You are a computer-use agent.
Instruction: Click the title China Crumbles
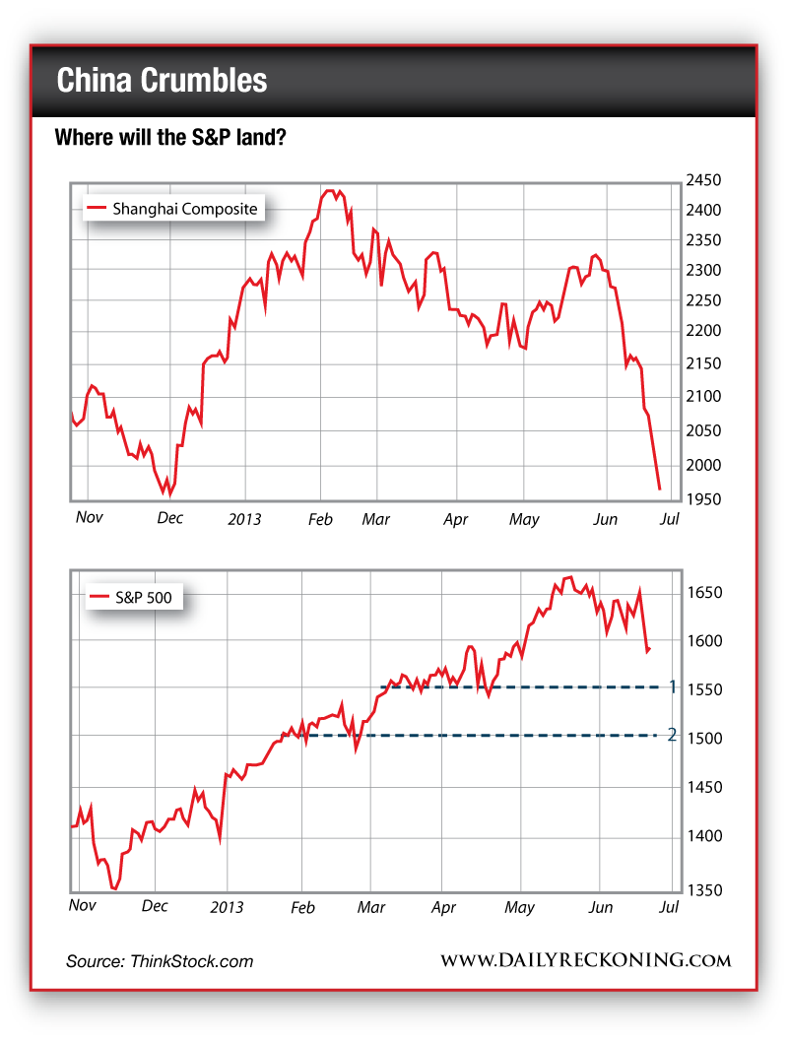pos(162,81)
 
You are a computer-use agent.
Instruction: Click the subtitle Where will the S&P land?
pos(170,138)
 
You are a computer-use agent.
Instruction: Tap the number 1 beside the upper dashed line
pos(672,686)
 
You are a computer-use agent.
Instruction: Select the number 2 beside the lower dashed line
pos(672,735)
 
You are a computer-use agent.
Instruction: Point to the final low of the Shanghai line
pos(659,489)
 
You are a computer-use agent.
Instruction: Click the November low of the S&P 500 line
pos(114,888)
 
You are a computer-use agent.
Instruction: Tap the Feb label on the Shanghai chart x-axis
pos(320,518)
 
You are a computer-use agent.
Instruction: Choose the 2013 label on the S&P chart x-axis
pos(228,907)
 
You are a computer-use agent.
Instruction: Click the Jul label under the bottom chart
pos(669,907)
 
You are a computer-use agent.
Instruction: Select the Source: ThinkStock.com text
pos(160,961)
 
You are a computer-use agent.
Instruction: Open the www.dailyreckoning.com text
pos(585,960)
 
